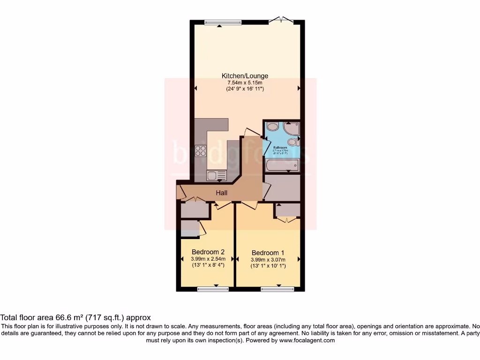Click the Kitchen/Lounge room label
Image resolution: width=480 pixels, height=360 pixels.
point(245,75)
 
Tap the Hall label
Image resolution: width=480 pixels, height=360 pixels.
point(222,193)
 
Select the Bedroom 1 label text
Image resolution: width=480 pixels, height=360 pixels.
point(268,252)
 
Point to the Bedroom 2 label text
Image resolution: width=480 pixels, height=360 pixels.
point(208,252)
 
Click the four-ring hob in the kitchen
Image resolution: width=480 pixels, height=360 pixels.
point(201,151)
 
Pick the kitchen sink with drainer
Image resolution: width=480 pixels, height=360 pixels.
point(217,175)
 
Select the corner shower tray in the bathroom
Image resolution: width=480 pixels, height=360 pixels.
point(291,128)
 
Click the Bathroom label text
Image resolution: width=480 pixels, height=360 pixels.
point(280,148)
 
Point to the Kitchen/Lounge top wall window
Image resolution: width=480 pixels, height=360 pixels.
point(223,22)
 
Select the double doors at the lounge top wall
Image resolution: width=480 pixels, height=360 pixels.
point(283,20)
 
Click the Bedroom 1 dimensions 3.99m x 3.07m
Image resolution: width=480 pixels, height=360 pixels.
point(268,259)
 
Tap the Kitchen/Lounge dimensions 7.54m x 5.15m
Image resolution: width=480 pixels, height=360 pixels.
point(245,82)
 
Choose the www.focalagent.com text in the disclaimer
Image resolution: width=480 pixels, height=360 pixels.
point(307,340)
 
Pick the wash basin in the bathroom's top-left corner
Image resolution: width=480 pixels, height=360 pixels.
point(272,127)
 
